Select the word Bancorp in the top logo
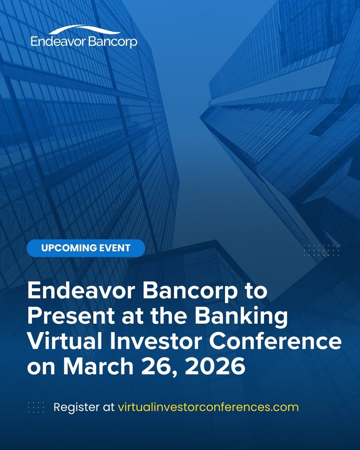click(113, 42)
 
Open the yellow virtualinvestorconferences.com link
click(208, 407)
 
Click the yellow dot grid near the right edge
click(321, 250)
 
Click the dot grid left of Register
click(36, 407)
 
